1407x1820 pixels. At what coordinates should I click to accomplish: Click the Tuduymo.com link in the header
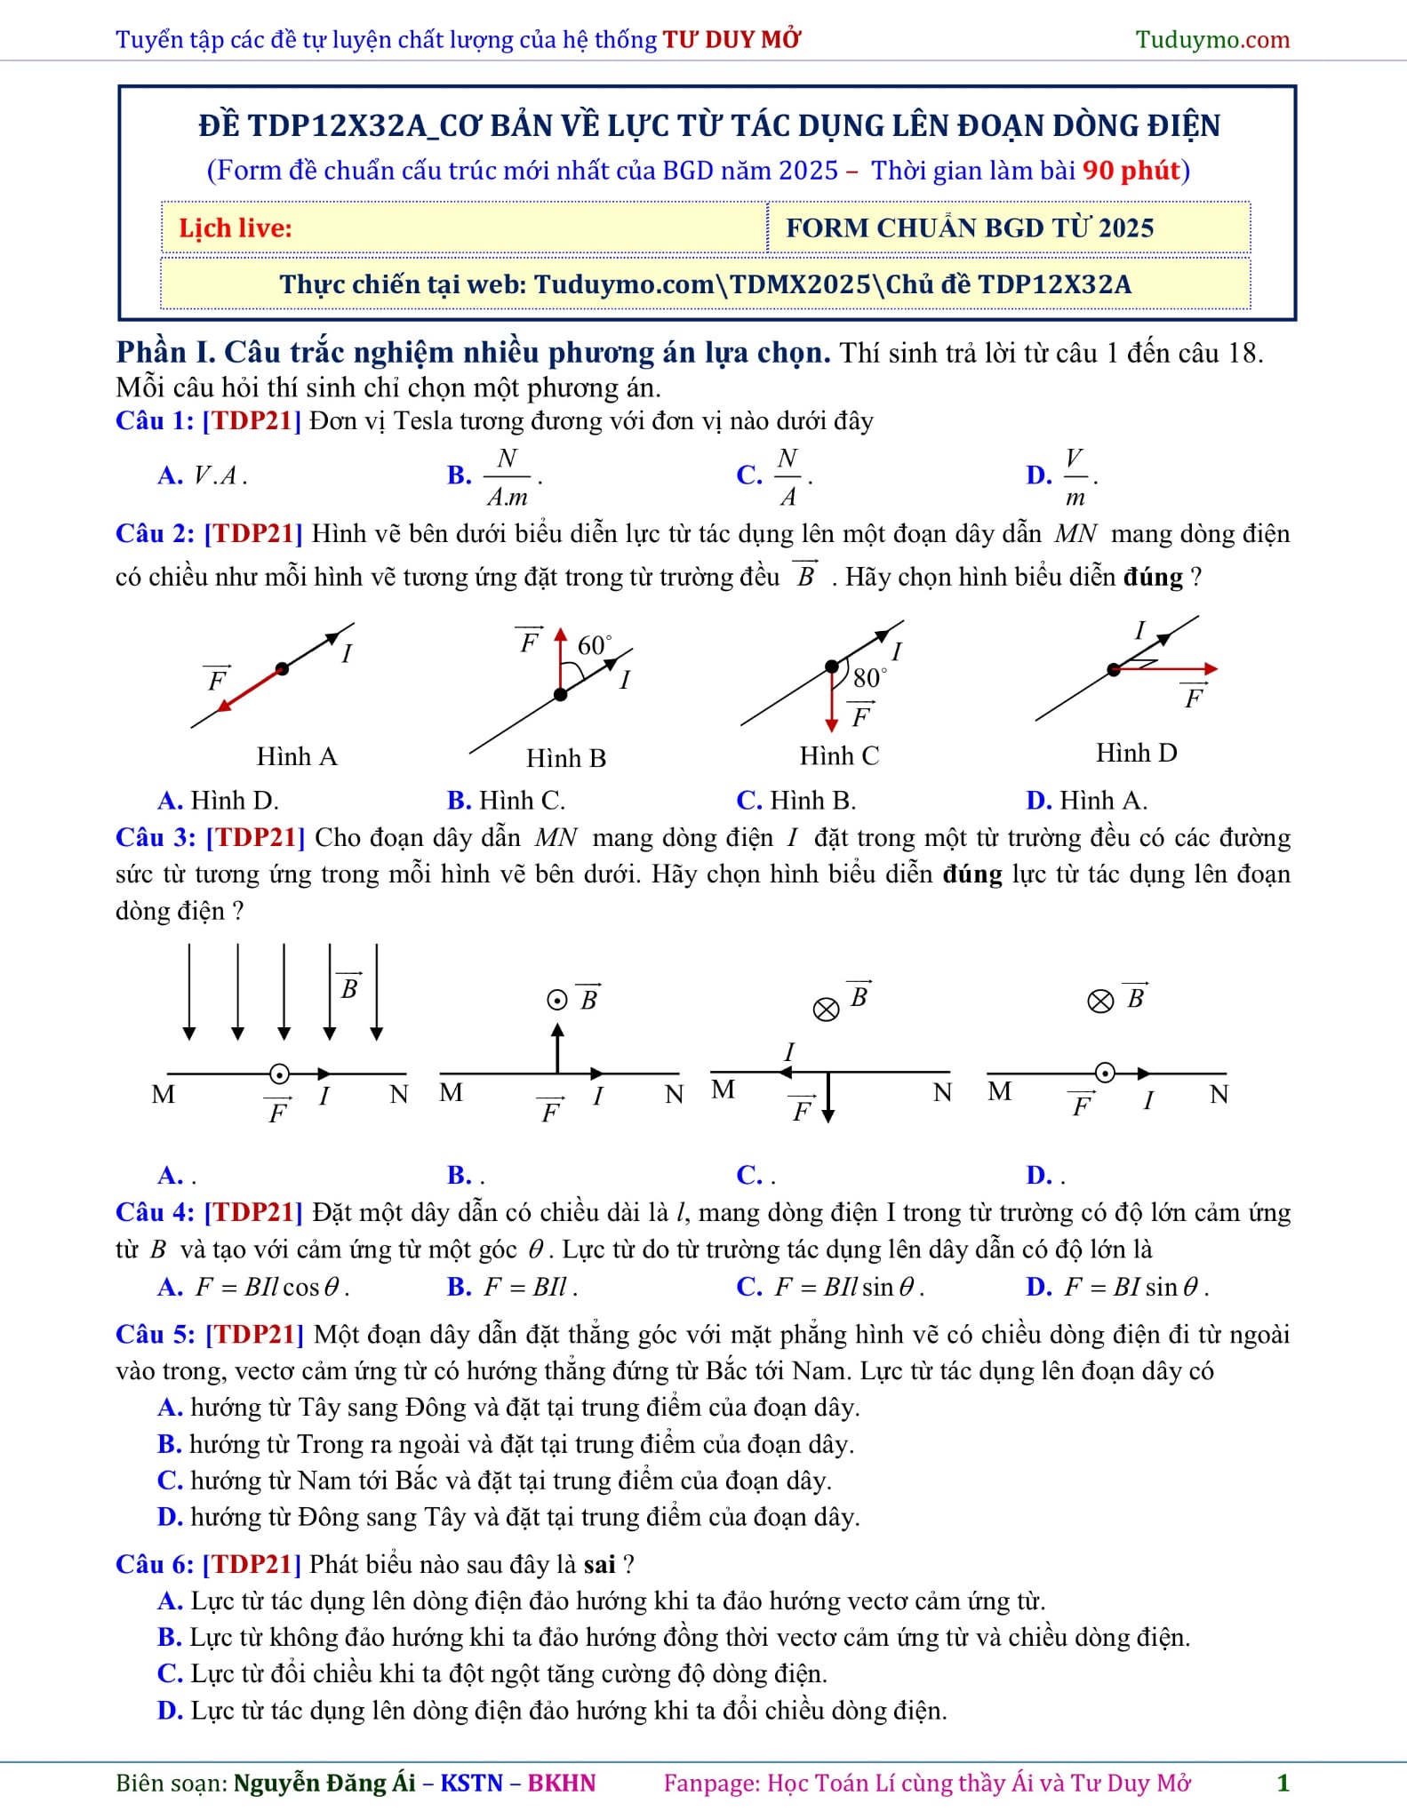(x=1211, y=39)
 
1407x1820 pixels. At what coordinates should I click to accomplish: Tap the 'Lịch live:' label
(x=236, y=228)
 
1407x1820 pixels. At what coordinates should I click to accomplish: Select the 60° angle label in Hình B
(x=594, y=644)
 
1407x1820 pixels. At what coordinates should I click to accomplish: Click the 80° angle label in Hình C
(x=868, y=678)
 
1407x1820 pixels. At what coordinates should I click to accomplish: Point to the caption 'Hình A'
(x=297, y=756)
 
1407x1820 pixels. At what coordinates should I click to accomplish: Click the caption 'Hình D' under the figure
(x=1136, y=753)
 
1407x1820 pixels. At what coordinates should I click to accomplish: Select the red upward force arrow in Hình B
(x=560, y=661)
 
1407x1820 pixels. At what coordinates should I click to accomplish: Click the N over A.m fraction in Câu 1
(x=508, y=476)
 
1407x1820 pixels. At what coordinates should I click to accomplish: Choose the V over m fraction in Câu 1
(x=1075, y=476)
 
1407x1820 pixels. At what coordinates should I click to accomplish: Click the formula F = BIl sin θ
(x=849, y=1287)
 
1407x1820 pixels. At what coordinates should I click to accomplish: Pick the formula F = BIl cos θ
(x=271, y=1287)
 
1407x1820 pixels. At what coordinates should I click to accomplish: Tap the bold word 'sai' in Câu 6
(x=599, y=1564)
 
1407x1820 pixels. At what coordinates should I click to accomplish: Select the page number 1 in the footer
(x=1282, y=1783)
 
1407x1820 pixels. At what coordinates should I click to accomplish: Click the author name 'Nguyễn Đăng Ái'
(x=324, y=1783)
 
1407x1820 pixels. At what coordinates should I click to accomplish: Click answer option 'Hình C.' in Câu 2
(x=522, y=801)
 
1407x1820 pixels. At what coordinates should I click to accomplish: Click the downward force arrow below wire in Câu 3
(x=827, y=1098)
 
